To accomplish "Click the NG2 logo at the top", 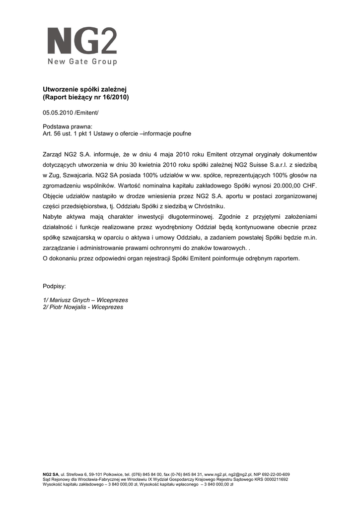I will point(82,41).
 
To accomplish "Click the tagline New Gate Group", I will point(82,62).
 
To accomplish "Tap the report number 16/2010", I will point(114,97).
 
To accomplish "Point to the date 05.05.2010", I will point(58,114).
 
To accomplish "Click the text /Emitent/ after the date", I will point(87,114).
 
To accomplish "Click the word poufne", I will point(181,134).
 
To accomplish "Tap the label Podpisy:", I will point(55,287).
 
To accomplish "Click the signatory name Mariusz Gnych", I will point(72,300).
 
